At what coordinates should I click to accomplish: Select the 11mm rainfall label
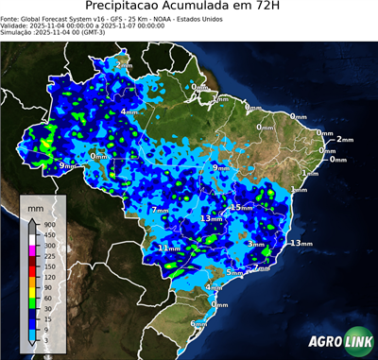167,248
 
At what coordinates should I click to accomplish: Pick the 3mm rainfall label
256,245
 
